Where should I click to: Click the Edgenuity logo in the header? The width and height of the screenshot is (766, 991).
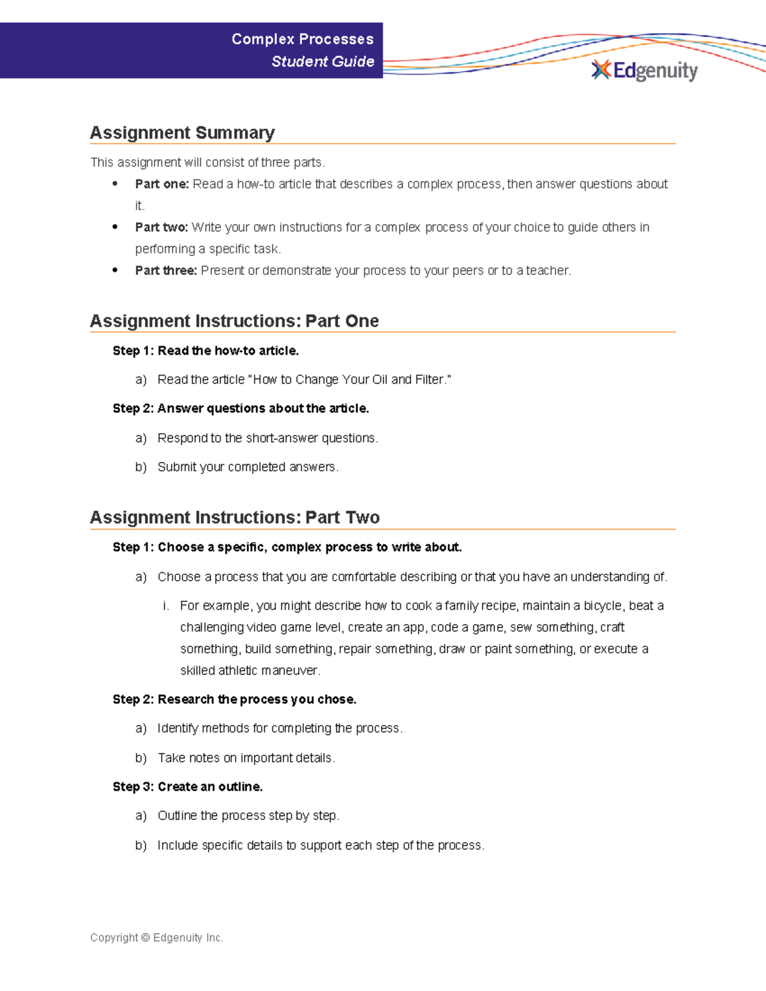point(645,70)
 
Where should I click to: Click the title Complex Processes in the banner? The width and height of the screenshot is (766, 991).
point(303,40)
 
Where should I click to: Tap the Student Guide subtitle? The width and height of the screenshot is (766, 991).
point(322,62)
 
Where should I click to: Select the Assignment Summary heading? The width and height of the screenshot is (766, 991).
point(183,133)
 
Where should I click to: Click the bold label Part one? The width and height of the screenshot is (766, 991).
point(161,184)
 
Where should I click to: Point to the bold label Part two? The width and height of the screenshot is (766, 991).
point(161,228)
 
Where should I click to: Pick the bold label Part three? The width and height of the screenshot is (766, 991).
point(166,271)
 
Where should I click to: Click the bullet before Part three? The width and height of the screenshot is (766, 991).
point(115,271)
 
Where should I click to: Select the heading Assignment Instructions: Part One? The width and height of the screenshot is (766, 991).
point(234,321)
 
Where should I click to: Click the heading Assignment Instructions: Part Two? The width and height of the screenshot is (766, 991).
point(235,518)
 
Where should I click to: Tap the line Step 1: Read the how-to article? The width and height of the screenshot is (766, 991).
point(206,351)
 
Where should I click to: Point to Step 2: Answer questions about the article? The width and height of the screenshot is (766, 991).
point(241,408)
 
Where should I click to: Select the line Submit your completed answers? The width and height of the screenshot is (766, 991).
point(248,467)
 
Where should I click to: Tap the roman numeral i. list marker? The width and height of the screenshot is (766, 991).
point(165,606)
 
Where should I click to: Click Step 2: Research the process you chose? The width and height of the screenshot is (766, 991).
point(234,699)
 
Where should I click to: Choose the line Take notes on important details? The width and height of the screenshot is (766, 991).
point(246,758)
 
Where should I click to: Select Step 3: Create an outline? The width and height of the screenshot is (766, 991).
point(188,787)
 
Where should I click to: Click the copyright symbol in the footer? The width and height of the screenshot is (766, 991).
point(146,938)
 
